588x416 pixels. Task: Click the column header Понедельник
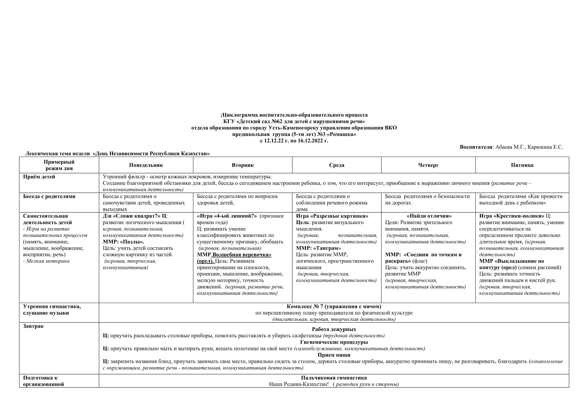coord(146,165)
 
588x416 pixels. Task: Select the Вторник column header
coord(242,165)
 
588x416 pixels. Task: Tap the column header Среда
coord(336,165)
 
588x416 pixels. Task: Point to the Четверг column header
coord(428,165)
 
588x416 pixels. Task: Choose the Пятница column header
coord(522,165)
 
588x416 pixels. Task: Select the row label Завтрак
coord(34,326)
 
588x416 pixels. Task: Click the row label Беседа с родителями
coord(49,196)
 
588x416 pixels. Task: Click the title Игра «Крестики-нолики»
coord(512,216)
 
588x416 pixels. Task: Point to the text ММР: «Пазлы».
coord(123,242)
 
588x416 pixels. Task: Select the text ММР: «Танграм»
coord(318,248)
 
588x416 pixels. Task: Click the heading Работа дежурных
coord(334,329)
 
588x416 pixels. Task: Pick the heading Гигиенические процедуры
coord(334,342)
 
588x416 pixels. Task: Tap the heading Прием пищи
coord(334,355)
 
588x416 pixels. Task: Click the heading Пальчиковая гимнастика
coord(334,378)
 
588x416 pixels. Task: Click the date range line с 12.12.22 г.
coord(294,141)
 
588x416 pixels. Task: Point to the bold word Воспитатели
coord(476,148)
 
